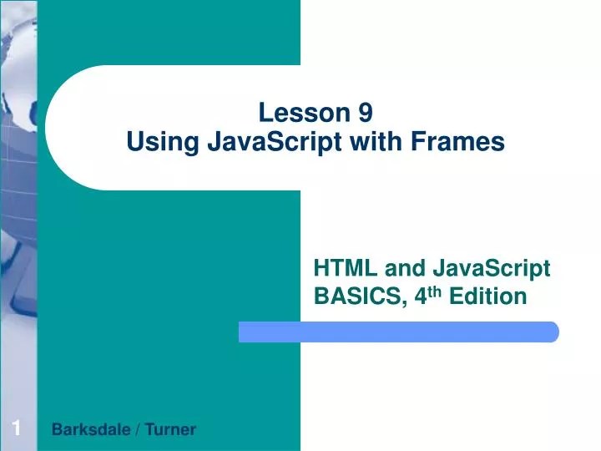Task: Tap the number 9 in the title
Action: coord(366,113)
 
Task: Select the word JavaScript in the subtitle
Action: coord(492,268)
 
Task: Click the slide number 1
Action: coord(16,429)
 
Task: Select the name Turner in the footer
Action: coord(171,430)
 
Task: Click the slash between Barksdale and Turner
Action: coord(137,430)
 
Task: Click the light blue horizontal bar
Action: coord(399,332)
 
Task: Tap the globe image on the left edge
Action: coord(17,167)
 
